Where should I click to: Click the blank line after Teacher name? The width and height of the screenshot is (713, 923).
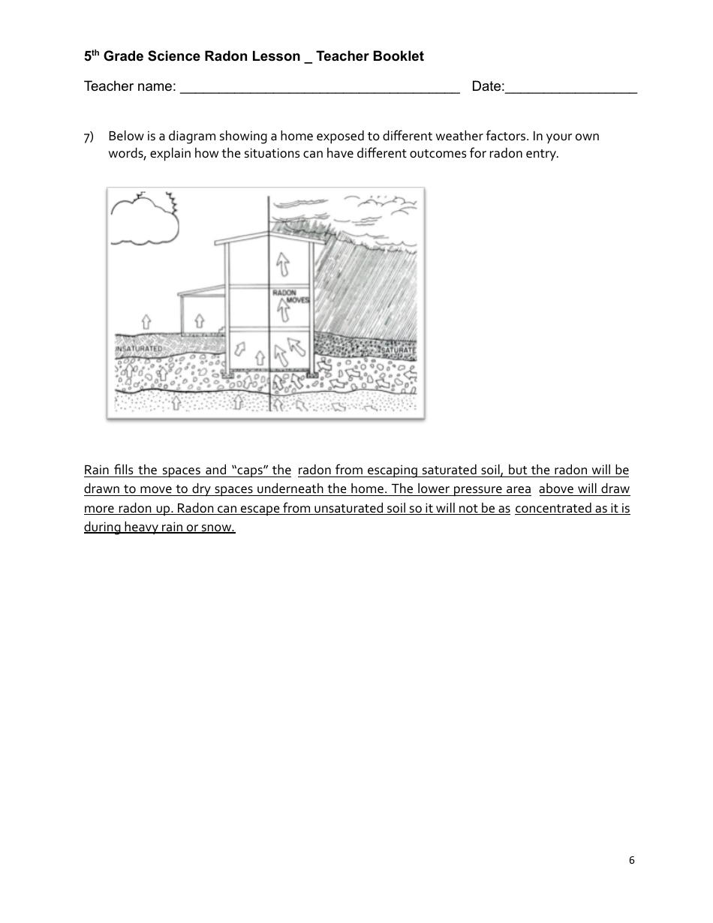coord(320,87)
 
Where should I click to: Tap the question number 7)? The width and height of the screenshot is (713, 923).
coord(89,137)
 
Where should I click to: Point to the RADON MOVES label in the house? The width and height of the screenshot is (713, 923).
coord(285,296)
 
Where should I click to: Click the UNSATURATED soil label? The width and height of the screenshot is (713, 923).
coord(139,349)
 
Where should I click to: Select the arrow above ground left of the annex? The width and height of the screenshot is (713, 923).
coord(146,321)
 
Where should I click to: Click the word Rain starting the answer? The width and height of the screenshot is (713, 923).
coord(97,471)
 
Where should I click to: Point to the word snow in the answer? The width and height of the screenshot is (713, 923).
coord(218,528)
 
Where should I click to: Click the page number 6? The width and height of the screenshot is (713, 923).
coord(631,861)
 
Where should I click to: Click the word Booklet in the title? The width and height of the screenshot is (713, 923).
coord(399,56)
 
